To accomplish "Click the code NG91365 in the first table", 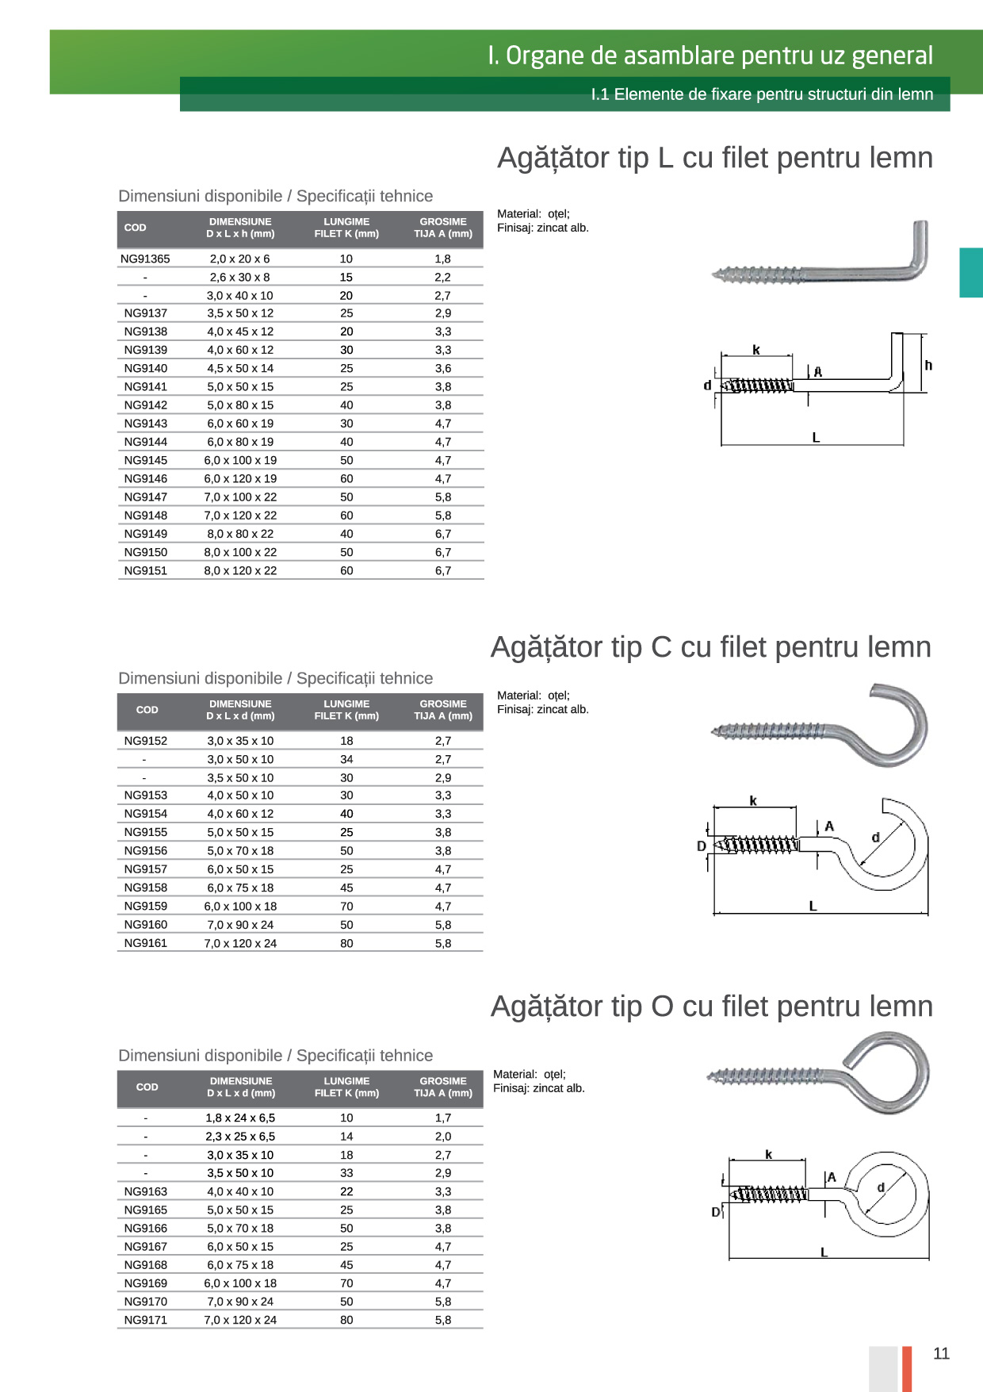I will [145, 259].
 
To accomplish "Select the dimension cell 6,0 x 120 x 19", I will [240, 478].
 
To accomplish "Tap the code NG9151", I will [146, 570].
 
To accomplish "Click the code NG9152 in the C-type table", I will [146, 741].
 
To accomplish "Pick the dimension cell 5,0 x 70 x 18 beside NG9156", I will [240, 850].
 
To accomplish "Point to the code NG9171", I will [146, 1320].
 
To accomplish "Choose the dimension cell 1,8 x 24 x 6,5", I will [240, 1118].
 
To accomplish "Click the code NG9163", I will [146, 1191].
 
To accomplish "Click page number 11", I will [941, 1353].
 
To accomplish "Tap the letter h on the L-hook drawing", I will [928, 366].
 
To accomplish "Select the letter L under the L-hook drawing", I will [816, 437].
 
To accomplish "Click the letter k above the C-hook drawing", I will [753, 801].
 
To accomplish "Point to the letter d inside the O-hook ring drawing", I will [880, 1187].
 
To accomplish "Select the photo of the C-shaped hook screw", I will [821, 726].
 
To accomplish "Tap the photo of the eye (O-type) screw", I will [820, 1072].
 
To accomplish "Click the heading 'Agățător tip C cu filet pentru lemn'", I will [710, 647].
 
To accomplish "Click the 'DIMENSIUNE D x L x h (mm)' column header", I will [240, 228].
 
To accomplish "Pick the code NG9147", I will [146, 497].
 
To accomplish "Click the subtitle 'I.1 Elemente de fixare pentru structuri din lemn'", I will [761, 94].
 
